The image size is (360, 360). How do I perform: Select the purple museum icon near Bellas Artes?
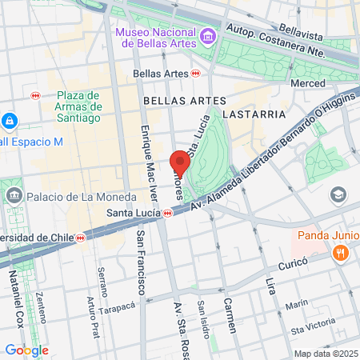(208, 36)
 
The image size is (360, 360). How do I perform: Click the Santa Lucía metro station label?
(134, 214)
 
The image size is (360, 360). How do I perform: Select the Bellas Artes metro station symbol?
(196, 73)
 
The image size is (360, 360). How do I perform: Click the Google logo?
(26, 350)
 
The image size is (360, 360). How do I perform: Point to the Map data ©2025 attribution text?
(325, 354)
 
